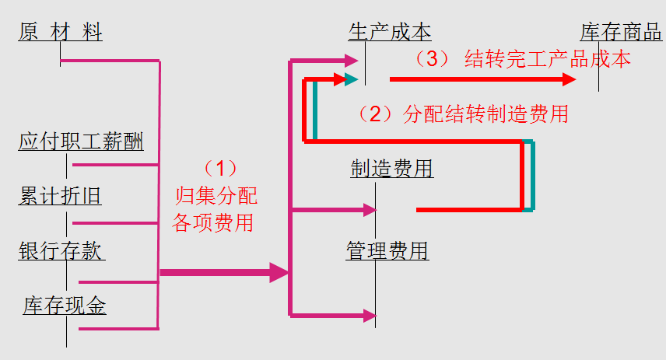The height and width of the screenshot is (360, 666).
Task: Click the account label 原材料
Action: point(60,33)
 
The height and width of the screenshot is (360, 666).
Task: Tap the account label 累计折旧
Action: point(60,196)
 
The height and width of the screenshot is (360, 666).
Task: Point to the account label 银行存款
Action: point(61,251)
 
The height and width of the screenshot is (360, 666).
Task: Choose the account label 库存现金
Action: point(65,306)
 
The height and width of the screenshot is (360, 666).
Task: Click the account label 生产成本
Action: point(390,33)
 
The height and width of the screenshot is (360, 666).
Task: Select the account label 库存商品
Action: point(621,33)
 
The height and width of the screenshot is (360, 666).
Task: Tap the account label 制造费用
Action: point(392,168)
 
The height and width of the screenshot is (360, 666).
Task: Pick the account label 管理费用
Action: point(387,250)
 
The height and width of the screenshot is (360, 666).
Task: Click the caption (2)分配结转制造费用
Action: point(462,114)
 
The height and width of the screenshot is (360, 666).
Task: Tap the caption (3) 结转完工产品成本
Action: point(521,59)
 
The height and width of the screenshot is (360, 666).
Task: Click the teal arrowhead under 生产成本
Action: point(352,79)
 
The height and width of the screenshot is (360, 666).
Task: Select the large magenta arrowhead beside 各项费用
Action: point(279,272)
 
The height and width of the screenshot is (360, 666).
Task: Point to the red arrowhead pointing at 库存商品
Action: point(569,79)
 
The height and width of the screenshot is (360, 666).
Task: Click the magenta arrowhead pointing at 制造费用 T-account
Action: point(370,209)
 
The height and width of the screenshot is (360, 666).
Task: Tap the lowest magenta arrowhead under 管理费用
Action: point(370,315)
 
